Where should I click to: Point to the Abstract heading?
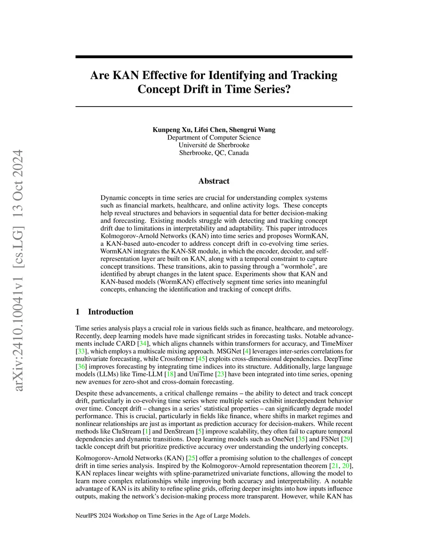(x=214, y=181)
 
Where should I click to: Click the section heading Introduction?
(x=110, y=312)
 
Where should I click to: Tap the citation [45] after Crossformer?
(x=201, y=359)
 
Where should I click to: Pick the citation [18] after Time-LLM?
(x=170, y=374)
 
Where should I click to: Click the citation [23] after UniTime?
(x=221, y=374)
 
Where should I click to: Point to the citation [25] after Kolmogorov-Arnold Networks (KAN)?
(x=192, y=458)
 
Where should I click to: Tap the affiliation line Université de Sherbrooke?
(x=214, y=145)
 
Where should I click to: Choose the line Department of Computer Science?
(x=214, y=138)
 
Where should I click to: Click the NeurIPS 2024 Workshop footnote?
(x=163, y=516)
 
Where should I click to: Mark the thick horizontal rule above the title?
(x=214, y=57)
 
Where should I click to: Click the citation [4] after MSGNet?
(x=247, y=351)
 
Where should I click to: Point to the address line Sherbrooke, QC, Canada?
(x=214, y=153)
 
